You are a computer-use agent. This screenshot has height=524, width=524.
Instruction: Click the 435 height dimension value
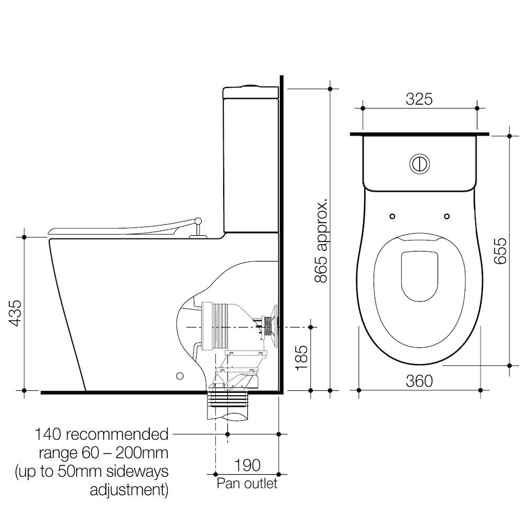pyautogui.click(x=16, y=313)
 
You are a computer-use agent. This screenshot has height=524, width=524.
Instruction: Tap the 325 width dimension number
pyautogui.click(x=419, y=99)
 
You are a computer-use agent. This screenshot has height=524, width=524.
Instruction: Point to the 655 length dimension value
pyautogui.click(x=500, y=251)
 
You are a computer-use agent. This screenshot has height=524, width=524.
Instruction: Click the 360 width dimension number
pyautogui.click(x=420, y=381)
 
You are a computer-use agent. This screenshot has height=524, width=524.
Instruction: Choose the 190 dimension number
pyautogui.click(x=247, y=465)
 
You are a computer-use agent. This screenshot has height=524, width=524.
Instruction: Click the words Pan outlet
pyautogui.click(x=247, y=483)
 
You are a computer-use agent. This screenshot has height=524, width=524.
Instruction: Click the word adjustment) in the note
pyautogui.click(x=129, y=490)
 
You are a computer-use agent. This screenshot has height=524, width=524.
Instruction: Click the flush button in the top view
pyautogui.click(x=419, y=163)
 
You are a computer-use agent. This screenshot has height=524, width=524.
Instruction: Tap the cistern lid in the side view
pyautogui.click(x=250, y=92)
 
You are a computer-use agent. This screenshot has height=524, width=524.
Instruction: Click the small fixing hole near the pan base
pyautogui.click(x=180, y=376)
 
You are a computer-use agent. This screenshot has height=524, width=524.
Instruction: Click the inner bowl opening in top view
pyautogui.click(x=419, y=275)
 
